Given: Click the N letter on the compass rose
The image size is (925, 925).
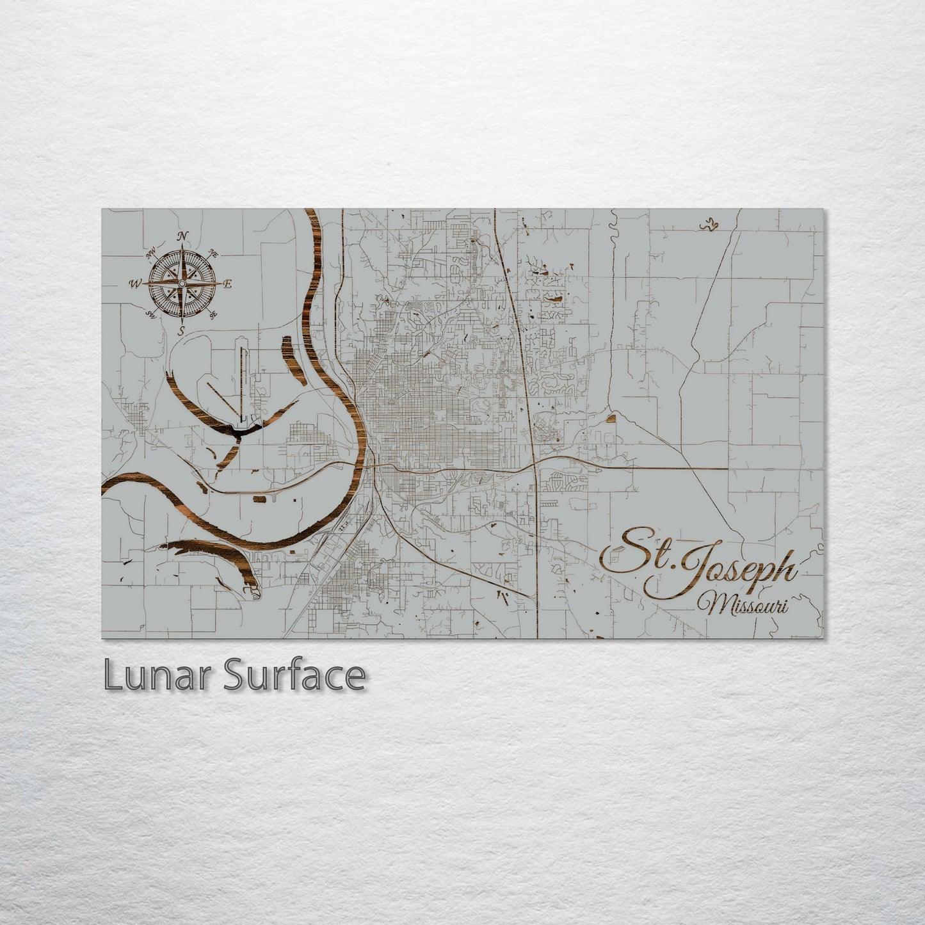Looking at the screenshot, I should click(183, 236).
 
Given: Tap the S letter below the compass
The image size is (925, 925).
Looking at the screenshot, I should click(182, 330).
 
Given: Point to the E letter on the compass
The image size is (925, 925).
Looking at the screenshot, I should click(228, 284).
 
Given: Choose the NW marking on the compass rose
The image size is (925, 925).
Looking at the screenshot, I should click(152, 255).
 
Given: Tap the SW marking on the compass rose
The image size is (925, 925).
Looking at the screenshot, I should click(152, 313).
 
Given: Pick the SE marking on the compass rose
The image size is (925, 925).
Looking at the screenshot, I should click(213, 313).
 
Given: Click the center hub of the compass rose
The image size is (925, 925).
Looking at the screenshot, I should click(182, 283).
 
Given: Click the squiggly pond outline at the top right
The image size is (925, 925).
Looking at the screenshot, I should click(707, 224).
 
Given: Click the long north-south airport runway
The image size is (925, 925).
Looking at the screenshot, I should click(242, 378).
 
